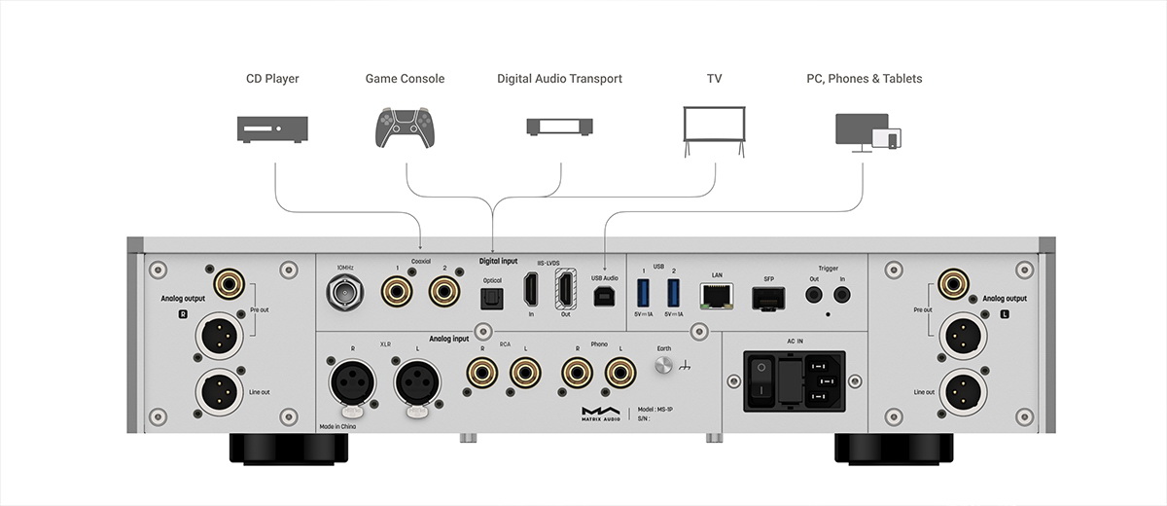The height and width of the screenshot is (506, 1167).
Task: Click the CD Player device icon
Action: point(272,127)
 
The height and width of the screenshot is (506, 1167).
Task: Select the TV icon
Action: point(716,128)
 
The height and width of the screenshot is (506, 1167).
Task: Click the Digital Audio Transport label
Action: point(559,78)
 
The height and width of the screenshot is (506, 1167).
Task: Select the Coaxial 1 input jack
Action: point(397,288)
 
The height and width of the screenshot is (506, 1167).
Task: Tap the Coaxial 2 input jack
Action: point(444,288)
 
